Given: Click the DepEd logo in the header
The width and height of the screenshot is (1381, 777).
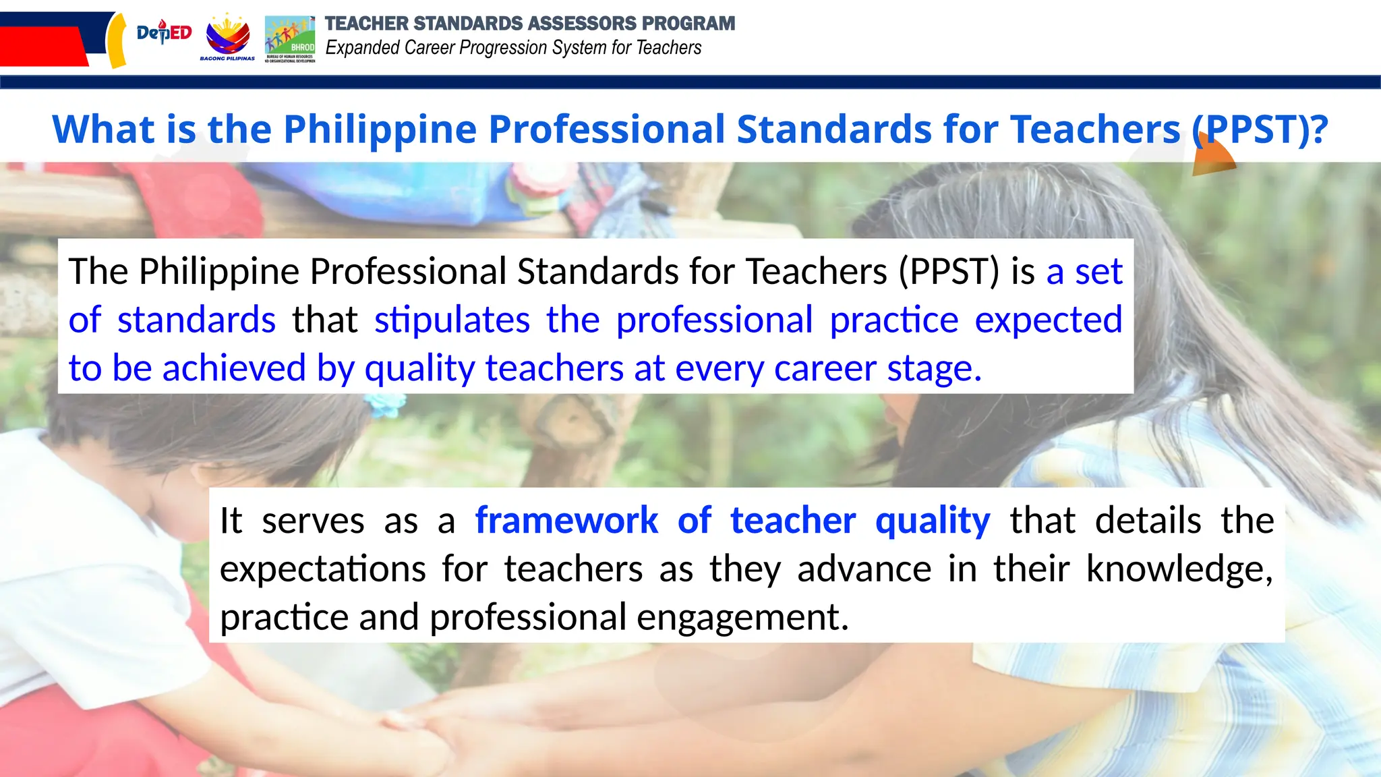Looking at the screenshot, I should (164, 32).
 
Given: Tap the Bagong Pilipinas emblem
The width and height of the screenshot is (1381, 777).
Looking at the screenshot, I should (227, 38).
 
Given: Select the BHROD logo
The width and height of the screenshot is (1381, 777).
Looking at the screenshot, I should (290, 38).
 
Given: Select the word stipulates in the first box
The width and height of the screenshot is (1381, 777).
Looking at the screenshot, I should (452, 320).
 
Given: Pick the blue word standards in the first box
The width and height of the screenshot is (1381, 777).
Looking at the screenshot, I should (196, 320).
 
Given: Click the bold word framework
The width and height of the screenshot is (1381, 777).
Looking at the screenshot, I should (566, 521).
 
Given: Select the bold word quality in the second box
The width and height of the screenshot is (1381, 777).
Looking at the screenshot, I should (933, 521).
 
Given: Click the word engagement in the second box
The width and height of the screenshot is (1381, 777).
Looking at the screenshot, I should (742, 617).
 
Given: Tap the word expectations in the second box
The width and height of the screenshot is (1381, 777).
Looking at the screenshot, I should (322, 569).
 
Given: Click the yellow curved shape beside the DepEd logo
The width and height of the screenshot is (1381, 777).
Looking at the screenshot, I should (117, 40).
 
